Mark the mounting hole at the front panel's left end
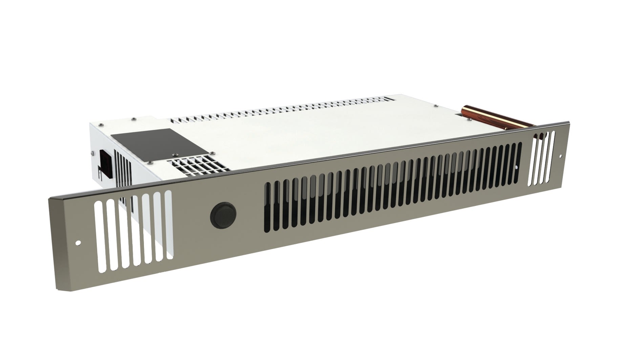tap(79, 242)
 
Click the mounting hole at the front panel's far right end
tap(560, 156)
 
